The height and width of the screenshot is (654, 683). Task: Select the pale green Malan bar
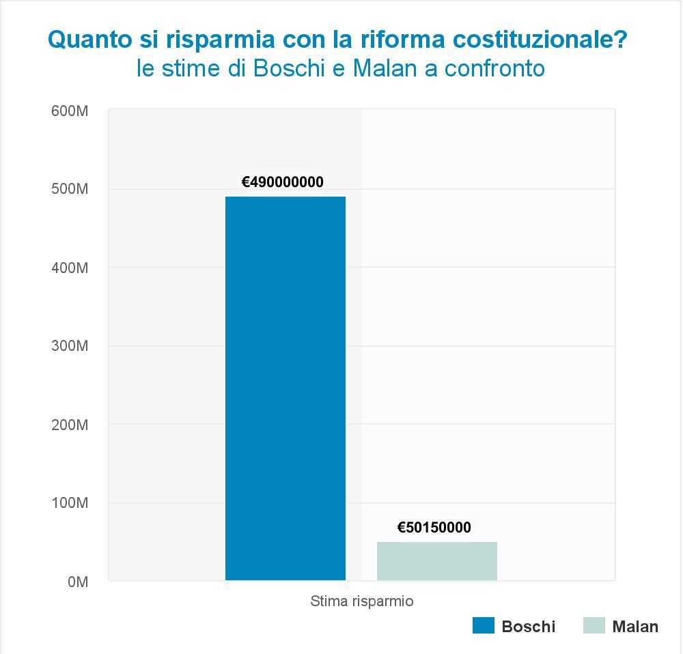(x=437, y=560)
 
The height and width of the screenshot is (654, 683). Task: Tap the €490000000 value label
(x=283, y=182)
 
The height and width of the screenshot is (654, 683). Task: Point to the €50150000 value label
(x=434, y=528)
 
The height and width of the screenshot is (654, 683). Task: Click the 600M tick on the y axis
(x=70, y=111)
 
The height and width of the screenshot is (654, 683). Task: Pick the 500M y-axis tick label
(x=70, y=189)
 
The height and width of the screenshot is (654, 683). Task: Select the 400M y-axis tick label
(x=70, y=268)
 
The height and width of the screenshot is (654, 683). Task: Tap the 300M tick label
(x=70, y=346)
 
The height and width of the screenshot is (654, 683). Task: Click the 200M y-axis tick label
(x=70, y=425)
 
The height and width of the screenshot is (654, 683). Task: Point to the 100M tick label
(x=70, y=503)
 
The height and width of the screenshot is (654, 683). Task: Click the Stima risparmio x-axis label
(x=362, y=601)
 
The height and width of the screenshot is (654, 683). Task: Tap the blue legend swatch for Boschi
(x=483, y=625)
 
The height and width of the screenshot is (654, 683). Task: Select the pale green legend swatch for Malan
(x=594, y=625)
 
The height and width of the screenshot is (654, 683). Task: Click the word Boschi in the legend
(x=528, y=626)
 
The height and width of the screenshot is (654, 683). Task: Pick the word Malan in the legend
(x=635, y=626)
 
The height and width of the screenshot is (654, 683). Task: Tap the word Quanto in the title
(x=85, y=40)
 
